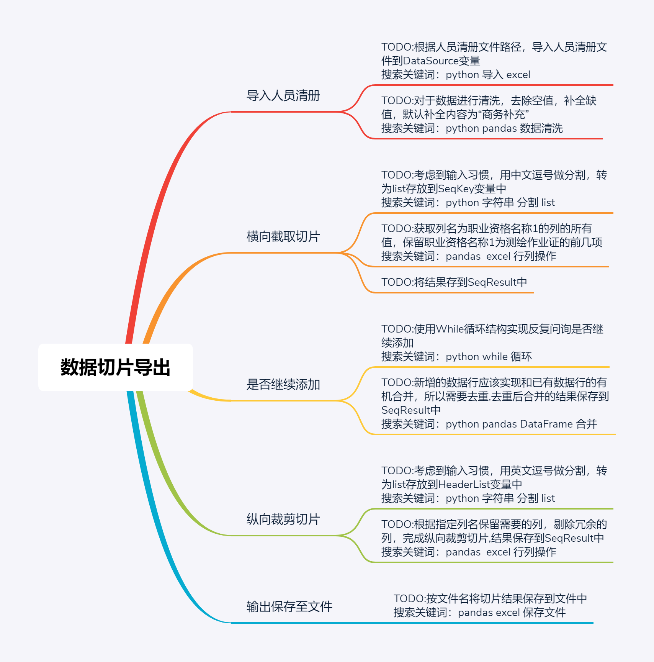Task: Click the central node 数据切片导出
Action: [x=115, y=367]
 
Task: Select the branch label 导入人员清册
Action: [x=283, y=96]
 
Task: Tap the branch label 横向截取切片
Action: [x=283, y=237]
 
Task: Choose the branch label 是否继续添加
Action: [x=283, y=385]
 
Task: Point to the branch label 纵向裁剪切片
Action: [x=283, y=519]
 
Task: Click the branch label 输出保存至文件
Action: [x=289, y=607]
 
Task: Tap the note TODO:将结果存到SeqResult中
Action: [x=454, y=282]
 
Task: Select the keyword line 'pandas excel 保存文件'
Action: [x=512, y=613]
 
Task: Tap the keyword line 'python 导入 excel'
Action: [x=488, y=75]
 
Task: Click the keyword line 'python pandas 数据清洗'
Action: [x=504, y=128]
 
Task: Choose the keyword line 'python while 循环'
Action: [x=489, y=357]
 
